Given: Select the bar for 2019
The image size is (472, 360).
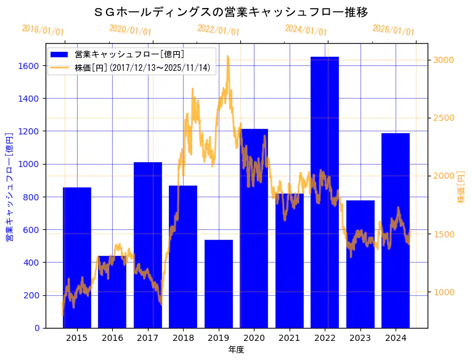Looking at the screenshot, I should (219, 284).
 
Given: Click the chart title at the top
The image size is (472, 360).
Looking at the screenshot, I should (232, 12).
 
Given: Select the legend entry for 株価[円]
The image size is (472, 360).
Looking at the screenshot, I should (142, 68).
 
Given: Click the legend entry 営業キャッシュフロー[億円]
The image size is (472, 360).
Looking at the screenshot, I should (129, 54).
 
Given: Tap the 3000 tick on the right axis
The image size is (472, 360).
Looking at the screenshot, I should (444, 60).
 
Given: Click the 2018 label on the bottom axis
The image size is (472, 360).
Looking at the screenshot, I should (183, 338).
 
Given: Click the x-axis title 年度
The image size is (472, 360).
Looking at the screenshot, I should (236, 350).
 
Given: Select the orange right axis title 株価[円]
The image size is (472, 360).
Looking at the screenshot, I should (462, 187).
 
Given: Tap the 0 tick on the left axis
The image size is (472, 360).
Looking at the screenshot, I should (38, 328).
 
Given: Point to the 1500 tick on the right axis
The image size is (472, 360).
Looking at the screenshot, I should (444, 234).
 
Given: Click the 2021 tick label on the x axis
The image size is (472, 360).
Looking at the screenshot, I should (290, 338).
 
